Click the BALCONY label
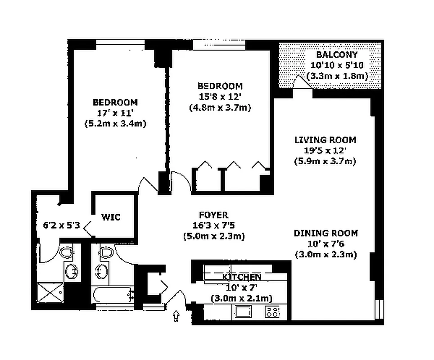point(337,55)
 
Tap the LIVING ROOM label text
point(325,140)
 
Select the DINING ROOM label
point(326,233)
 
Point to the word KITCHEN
point(242,277)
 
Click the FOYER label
point(214,215)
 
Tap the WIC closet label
point(111,217)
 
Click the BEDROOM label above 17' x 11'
point(115,103)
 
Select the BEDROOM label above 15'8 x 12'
point(220,86)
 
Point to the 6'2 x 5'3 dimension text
point(61,225)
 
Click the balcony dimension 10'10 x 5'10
point(337,65)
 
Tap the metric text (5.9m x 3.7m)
point(325,161)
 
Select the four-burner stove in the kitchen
point(272,311)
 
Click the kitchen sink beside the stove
point(243,311)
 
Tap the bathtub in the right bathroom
point(112,295)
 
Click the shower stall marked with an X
point(50,292)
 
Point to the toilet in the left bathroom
point(66,252)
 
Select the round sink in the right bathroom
point(102,271)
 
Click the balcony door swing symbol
point(302,82)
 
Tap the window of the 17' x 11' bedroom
point(120,42)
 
